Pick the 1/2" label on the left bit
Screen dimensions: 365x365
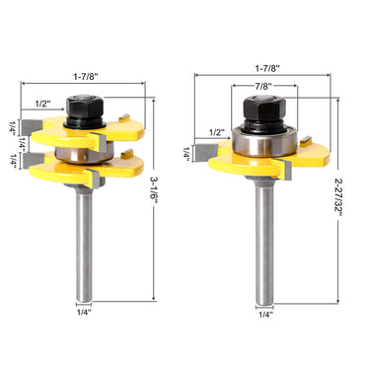(43, 104)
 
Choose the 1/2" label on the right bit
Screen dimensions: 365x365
(217, 132)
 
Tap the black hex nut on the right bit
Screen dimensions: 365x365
(261, 110)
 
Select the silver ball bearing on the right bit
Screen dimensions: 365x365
(262, 141)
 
